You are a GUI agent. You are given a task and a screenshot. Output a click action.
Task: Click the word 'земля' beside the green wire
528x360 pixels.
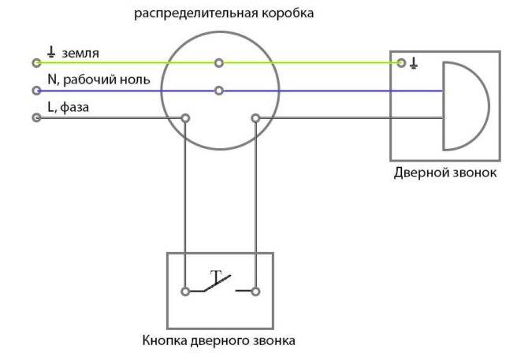coord(80,53)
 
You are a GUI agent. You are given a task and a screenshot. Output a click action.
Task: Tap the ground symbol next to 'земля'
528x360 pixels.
coord(51,52)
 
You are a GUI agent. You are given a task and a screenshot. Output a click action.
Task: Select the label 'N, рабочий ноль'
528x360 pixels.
coord(99,80)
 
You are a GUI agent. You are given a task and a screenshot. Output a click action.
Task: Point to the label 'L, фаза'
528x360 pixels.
coord(69,107)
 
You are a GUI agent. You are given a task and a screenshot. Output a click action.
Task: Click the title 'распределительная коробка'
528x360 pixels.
coord(224,13)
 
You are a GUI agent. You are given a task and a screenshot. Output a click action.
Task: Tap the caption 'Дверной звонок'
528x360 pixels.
coord(445,173)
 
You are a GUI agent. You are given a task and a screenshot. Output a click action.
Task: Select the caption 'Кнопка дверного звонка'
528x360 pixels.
coord(219,340)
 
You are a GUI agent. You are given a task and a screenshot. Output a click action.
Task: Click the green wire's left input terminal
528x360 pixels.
coord(36,63)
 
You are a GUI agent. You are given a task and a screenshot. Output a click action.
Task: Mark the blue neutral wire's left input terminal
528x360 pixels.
coord(36,91)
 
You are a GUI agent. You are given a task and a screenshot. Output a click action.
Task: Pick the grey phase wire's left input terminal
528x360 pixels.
coord(36,117)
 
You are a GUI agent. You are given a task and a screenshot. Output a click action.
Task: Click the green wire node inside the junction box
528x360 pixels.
coord(219,63)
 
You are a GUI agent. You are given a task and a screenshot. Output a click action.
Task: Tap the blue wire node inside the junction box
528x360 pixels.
coord(219,91)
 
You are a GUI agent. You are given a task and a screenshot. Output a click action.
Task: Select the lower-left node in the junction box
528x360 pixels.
coord(185,118)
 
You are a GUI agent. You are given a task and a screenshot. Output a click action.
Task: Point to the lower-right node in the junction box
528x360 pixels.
coord(255,118)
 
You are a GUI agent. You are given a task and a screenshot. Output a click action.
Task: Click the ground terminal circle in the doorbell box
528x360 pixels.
coord(400,63)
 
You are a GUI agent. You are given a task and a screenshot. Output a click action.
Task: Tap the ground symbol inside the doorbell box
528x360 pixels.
coord(414,63)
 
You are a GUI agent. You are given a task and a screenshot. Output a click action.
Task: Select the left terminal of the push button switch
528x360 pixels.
coord(185,291)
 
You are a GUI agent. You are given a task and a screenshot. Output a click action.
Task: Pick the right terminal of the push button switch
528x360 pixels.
coord(255,291)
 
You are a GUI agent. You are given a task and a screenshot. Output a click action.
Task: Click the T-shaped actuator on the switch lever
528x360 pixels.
coord(216,276)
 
